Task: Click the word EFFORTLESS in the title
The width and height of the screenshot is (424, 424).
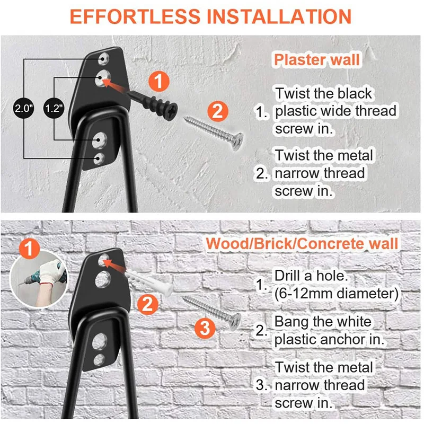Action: pos(135,17)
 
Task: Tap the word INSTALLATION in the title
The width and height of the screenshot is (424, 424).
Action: pos(279,17)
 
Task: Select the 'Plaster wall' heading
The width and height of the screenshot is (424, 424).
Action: pos(317,60)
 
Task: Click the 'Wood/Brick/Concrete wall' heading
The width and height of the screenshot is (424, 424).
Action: pos(302,244)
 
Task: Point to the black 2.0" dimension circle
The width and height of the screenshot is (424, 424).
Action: pos(24,109)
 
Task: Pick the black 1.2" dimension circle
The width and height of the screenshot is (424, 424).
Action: pos(54,109)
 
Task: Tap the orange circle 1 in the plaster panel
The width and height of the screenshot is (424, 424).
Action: pos(159,82)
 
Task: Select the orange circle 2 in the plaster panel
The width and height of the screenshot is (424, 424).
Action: pos(218,111)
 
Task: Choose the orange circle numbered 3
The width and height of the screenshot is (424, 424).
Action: pos(205,328)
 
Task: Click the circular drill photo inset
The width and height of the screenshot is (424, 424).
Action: pos(39,280)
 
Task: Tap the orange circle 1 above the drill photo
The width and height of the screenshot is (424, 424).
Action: pos(30,249)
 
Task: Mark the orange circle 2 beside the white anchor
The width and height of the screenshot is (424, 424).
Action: pos(148,304)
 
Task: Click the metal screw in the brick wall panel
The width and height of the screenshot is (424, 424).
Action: pos(211,311)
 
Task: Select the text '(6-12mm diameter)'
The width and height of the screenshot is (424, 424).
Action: pos(337,294)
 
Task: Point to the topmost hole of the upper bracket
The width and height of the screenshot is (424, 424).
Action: pos(103,58)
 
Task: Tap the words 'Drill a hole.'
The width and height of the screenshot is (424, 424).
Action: pos(311,276)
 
